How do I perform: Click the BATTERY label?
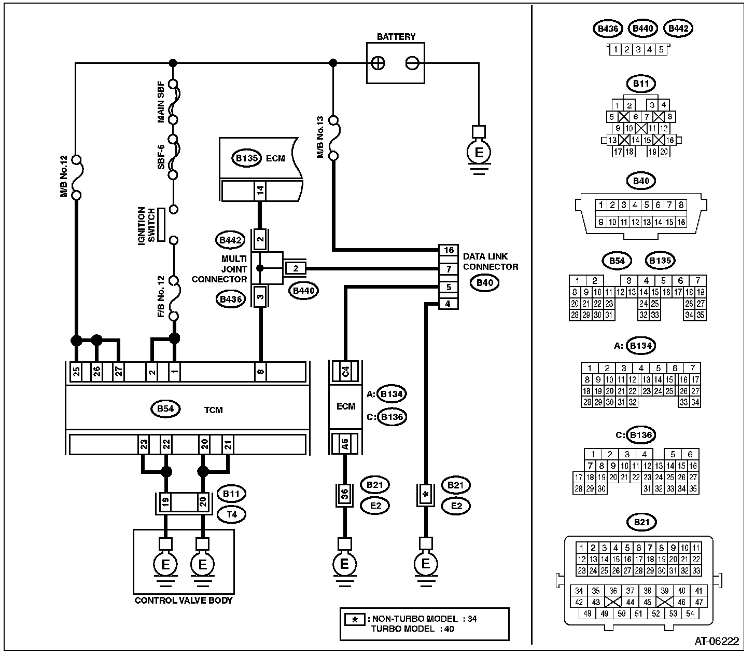(396, 37)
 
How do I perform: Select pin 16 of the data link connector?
(448, 250)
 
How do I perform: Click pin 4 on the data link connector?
(448, 304)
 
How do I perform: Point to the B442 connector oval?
(230, 240)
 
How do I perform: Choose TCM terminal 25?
(76, 372)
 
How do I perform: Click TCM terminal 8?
(260, 372)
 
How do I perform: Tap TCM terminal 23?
(143, 444)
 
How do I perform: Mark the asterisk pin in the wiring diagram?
(426, 495)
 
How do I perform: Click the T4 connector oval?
(230, 514)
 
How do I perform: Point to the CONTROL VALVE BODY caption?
(184, 601)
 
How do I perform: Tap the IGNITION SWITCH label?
(146, 225)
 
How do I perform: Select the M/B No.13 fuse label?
(320, 137)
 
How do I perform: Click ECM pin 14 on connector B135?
(260, 190)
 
